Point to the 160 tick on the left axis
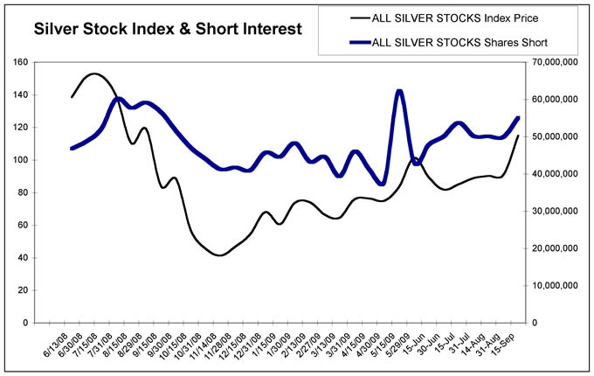pos(43,63)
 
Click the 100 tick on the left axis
pos(43,160)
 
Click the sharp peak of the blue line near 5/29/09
pos(399,91)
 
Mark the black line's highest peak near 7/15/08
pos(93,74)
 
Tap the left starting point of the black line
pos(72,96)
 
